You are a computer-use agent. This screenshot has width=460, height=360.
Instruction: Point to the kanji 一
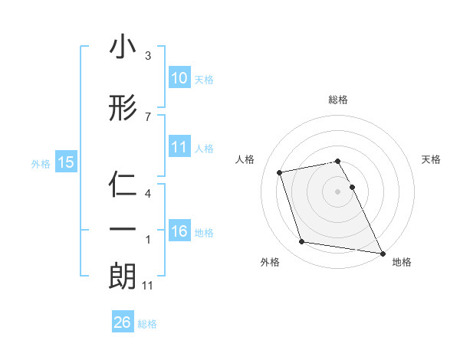tap(123, 230)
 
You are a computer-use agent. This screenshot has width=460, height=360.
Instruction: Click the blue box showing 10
tap(179, 78)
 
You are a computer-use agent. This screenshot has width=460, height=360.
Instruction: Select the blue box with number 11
tap(179, 147)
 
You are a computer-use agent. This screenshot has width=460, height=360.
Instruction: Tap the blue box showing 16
tap(179, 231)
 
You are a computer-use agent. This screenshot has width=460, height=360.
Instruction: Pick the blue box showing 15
tap(66, 162)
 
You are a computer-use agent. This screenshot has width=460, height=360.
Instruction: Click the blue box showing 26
tap(123, 322)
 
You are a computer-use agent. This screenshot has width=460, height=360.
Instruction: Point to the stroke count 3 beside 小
tap(148, 56)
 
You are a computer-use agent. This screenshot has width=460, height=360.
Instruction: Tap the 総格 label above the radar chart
tap(338, 100)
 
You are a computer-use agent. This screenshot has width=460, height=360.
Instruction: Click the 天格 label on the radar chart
tap(432, 159)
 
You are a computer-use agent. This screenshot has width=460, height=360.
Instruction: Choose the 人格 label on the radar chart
tap(245, 159)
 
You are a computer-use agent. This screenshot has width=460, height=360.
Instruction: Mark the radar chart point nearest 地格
tap(382, 253)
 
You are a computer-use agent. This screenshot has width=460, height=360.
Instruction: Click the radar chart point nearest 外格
tap(302, 242)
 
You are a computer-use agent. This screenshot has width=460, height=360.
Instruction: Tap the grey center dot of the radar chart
tap(338, 191)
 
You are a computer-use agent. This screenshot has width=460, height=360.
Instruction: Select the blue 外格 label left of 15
tap(41, 162)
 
